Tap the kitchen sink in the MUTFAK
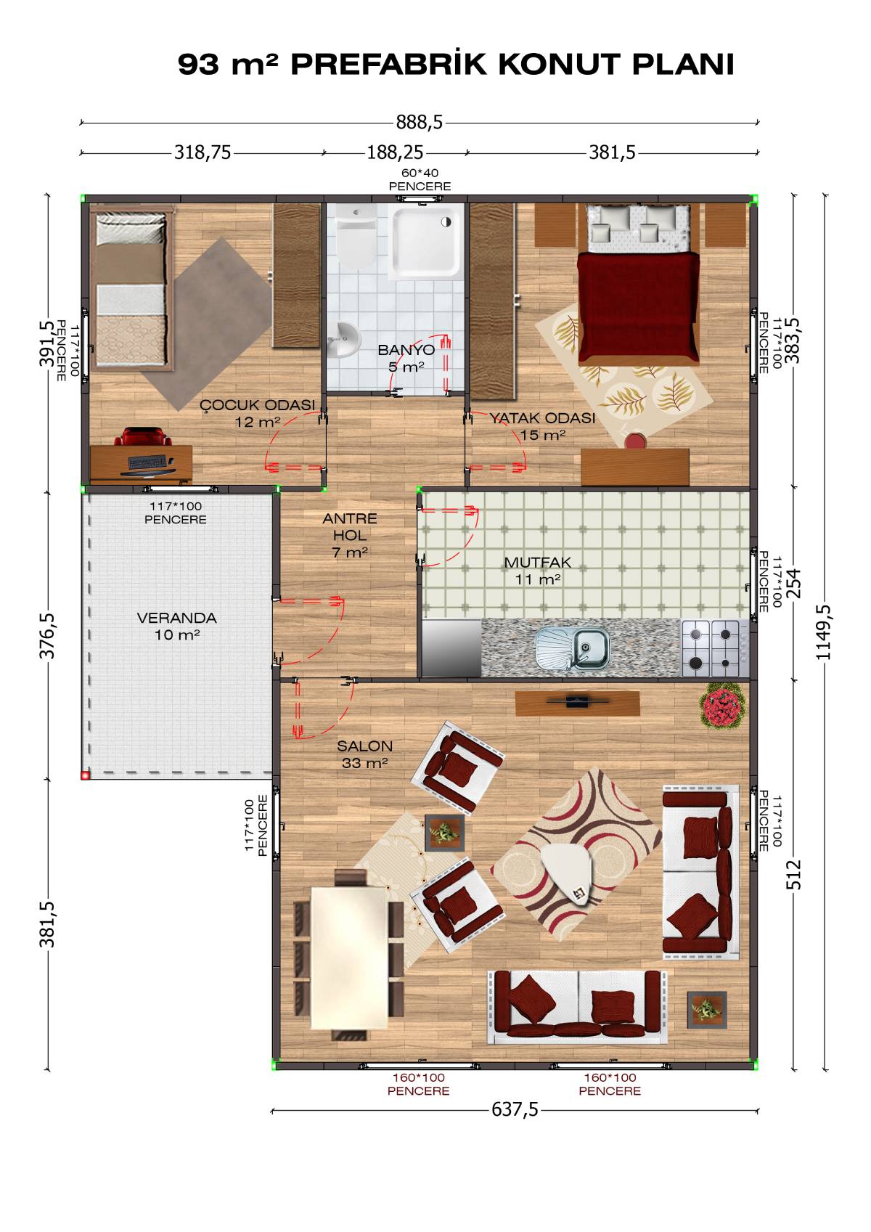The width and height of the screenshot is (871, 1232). tap(573, 648)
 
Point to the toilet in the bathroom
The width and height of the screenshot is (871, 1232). tap(355, 237)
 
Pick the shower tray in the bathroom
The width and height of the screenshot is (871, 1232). tap(424, 240)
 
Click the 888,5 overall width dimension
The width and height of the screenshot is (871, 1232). tap(419, 122)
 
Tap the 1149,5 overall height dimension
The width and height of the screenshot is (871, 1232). tap(824, 632)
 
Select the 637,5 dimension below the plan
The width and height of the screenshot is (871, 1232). tap(515, 1109)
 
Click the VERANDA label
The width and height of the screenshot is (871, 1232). tap(176, 619)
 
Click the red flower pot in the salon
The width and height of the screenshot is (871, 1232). tap(722, 706)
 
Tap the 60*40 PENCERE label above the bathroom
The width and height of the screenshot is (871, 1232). tap(420, 180)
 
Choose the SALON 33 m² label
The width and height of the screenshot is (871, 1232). tap(364, 754)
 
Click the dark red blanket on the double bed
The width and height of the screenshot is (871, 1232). tap(638, 306)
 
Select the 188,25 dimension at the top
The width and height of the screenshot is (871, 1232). tap(395, 152)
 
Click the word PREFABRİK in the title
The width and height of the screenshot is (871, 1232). tap(388, 65)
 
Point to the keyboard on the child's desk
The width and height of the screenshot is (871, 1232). tap(147, 462)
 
